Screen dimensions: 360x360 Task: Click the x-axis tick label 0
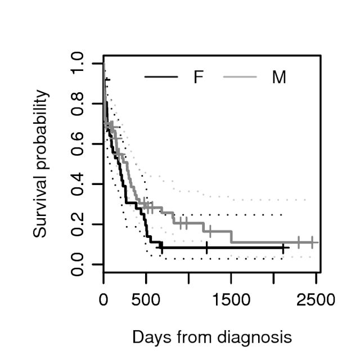103,299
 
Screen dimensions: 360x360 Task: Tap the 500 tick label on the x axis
146,299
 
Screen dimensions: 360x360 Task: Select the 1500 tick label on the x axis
231,299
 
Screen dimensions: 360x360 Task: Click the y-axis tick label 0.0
79,264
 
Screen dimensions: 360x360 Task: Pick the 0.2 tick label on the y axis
79,224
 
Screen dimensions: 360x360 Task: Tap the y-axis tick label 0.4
79,184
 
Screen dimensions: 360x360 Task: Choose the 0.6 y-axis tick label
79,144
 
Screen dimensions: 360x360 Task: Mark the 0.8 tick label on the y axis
79,103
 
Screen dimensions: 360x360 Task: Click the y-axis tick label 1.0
79,64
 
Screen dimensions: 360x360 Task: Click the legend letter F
198,77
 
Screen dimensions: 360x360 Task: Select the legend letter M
278,77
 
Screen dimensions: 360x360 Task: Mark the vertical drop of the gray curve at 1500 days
231,236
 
